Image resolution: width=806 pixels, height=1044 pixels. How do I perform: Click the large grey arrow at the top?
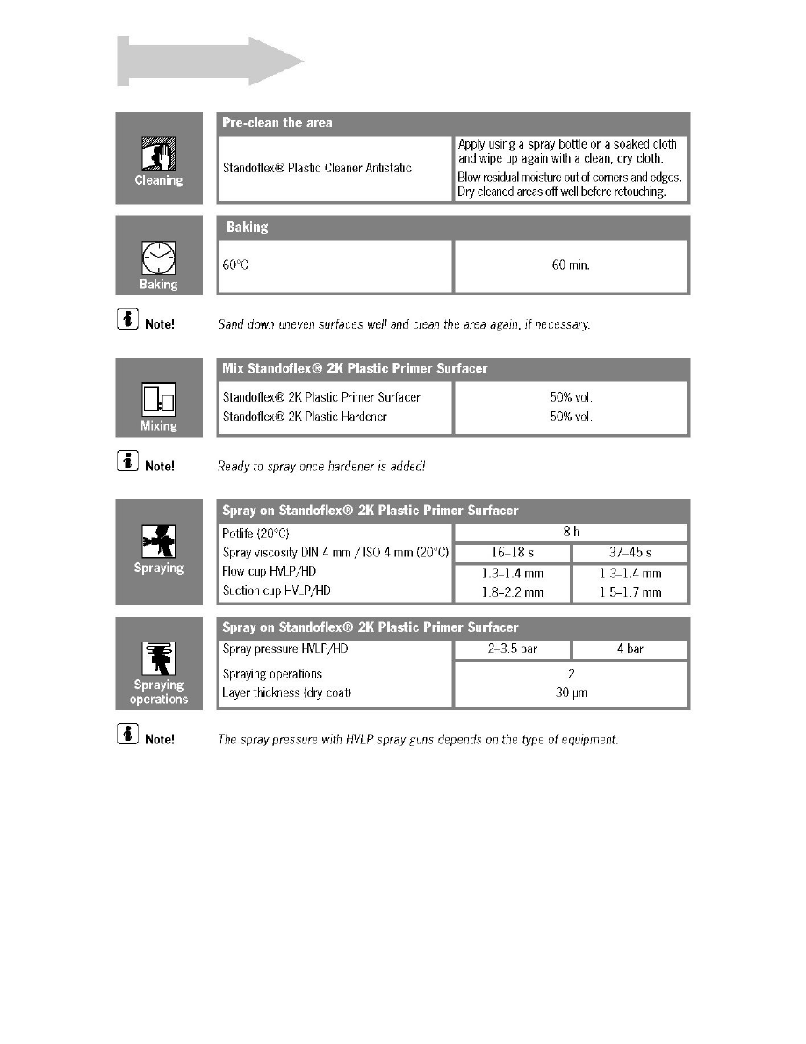pyautogui.click(x=211, y=62)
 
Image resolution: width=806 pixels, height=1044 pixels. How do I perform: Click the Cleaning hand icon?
pyautogui.click(x=159, y=155)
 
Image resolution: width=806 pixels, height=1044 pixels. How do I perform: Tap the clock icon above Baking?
pyautogui.click(x=159, y=258)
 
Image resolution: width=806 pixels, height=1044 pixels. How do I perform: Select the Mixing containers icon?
pyautogui.click(x=159, y=401)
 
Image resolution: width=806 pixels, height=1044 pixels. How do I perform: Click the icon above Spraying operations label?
pyautogui.click(x=159, y=658)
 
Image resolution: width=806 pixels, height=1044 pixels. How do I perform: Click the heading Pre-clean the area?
pyautogui.click(x=277, y=123)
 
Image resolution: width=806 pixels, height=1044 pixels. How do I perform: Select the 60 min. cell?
pyautogui.click(x=570, y=265)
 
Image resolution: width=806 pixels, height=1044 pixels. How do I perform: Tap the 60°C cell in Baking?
pyautogui.click(x=235, y=265)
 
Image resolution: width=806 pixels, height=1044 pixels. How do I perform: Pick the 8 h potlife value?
pyautogui.click(x=571, y=532)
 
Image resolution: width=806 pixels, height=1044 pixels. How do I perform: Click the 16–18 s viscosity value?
pyautogui.click(x=512, y=553)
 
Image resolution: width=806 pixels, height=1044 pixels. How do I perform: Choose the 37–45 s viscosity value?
pyautogui.click(x=630, y=553)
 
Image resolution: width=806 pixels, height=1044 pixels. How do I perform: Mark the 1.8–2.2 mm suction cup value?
pyautogui.click(x=512, y=592)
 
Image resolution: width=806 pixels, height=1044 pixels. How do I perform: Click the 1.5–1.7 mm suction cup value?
pyautogui.click(x=630, y=592)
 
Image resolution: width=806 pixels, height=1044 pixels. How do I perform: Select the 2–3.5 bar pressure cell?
pyautogui.click(x=512, y=649)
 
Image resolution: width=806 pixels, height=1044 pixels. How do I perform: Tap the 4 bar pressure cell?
pyautogui.click(x=630, y=649)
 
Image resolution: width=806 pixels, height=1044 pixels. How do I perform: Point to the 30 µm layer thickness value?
pyautogui.click(x=571, y=693)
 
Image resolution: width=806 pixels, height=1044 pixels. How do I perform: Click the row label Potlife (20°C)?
pyautogui.click(x=255, y=533)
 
